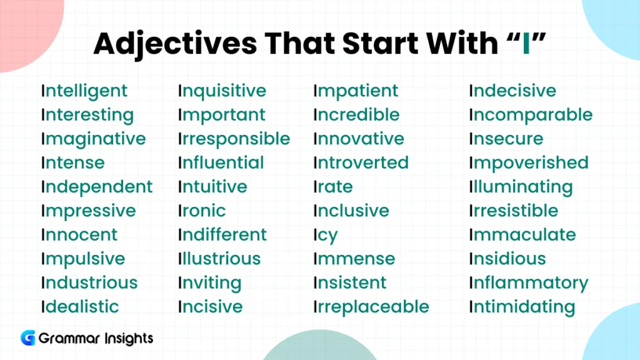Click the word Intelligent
coord(84,91)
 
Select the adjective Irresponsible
coord(234,139)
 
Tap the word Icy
coord(326,236)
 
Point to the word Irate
coord(333,187)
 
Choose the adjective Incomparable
coord(531,115)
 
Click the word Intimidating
coord(522,307)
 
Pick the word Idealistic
coord(80,307)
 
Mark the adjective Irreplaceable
coord(371,307)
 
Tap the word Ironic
coord(202,211)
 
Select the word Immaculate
coord(522,235)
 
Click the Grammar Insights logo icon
coord(27,338)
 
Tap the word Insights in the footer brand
coord(127,339)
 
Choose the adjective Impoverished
coord(529,163)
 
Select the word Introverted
coord(361,163)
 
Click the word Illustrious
coord(219,259)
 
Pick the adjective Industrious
coord(89,282)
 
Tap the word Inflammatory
coord(529,283)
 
